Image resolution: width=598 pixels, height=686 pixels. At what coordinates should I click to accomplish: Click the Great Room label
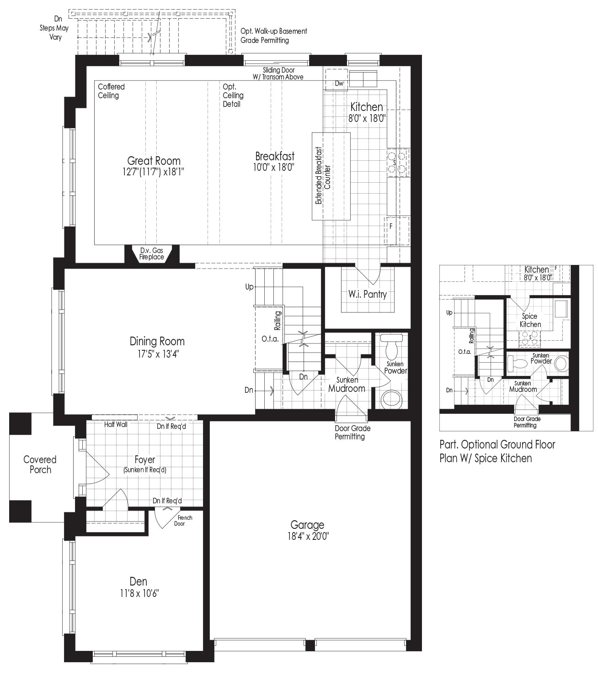[154, 161]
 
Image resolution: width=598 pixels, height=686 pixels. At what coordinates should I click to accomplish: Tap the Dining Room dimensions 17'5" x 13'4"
[157, 354]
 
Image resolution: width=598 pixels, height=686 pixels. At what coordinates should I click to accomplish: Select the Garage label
[307, 525]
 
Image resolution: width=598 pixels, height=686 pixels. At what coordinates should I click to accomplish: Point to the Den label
[138, 581]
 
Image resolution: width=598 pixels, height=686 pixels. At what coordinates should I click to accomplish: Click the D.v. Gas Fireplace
[152, 254]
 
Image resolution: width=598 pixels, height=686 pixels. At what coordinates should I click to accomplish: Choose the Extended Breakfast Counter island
[331, 176]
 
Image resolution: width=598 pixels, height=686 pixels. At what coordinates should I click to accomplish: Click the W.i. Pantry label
[368, 295]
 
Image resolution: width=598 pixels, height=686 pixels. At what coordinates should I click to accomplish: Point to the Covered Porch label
[40, 464]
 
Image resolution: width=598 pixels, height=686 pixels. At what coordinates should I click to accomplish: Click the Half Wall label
[116, 424]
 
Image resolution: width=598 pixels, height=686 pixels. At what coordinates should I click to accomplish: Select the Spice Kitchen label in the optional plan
[530, 320]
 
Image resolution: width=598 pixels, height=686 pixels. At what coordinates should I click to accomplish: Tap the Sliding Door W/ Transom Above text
[278, 74]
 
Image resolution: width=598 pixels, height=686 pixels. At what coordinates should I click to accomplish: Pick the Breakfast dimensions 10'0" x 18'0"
[274, 167]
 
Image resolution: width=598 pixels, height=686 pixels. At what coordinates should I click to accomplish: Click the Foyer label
[145, 459]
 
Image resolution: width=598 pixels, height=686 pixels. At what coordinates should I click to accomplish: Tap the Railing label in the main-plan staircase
[278, 320]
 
